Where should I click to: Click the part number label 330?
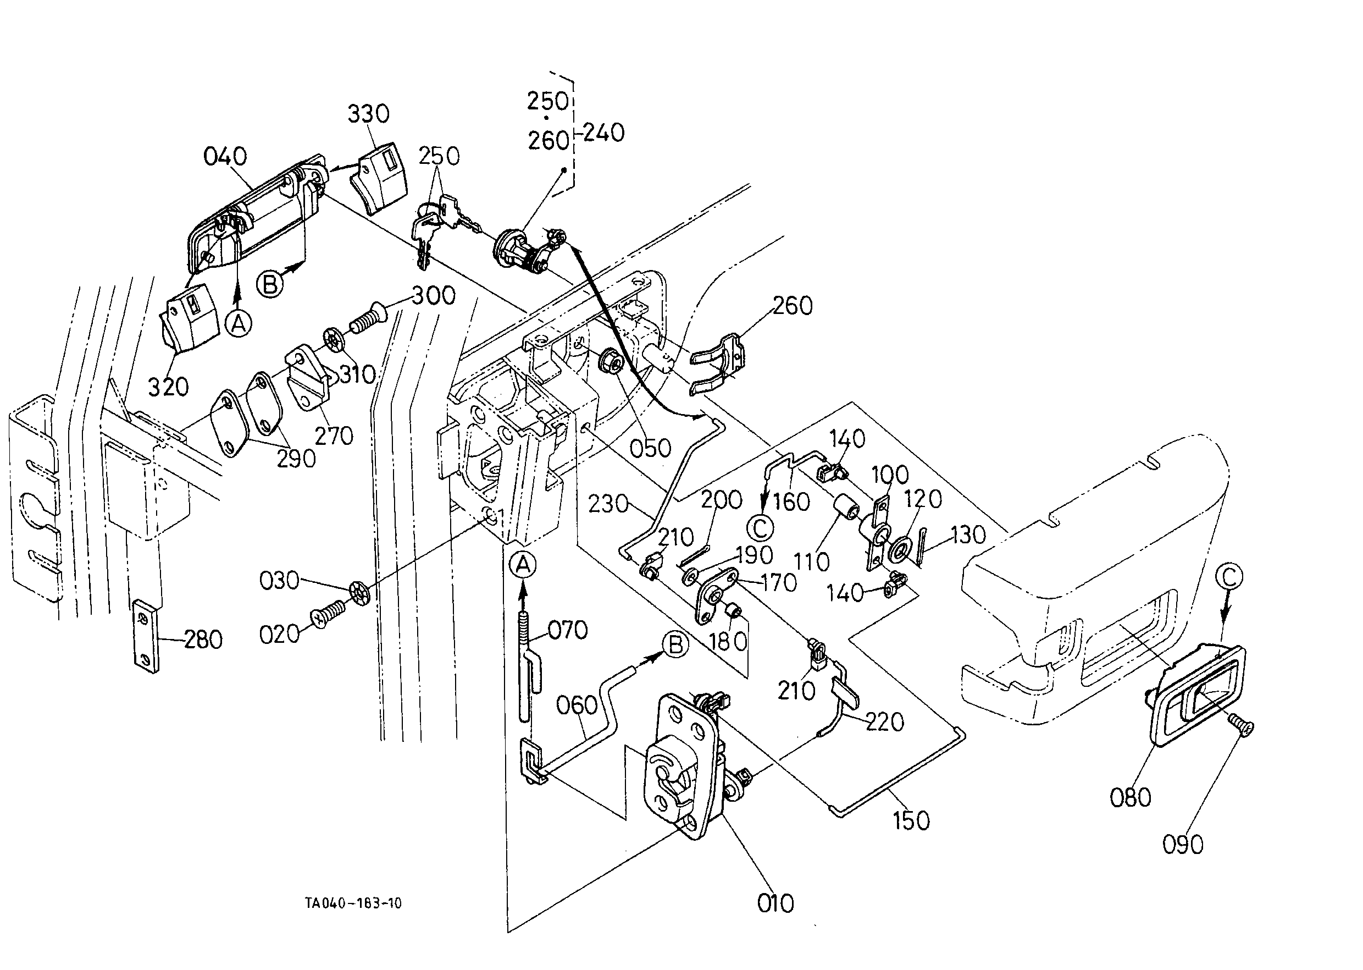pyautogui.click(x=368, y=113)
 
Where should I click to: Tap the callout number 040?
pyautogui.click(x=225, y=157)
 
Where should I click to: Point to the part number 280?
pyautogui.click(x=203, y=640)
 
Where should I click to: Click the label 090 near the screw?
pyautogui.click(x=1183, y=845)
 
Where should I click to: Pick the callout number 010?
pyautogui.click(x=775, y=903)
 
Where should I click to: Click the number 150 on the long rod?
pyautogui.click(x=912, y=820)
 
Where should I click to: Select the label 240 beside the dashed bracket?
pyautogui.click(x=603, y=133)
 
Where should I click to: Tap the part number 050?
pyautogui.click(x=650, y=448)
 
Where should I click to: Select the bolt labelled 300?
pyautogui.click(x=367, y=318)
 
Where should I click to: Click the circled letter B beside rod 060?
pyautogui.click(x=676, y=645)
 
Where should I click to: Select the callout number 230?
pyautogui.click(x=608, y=504)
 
